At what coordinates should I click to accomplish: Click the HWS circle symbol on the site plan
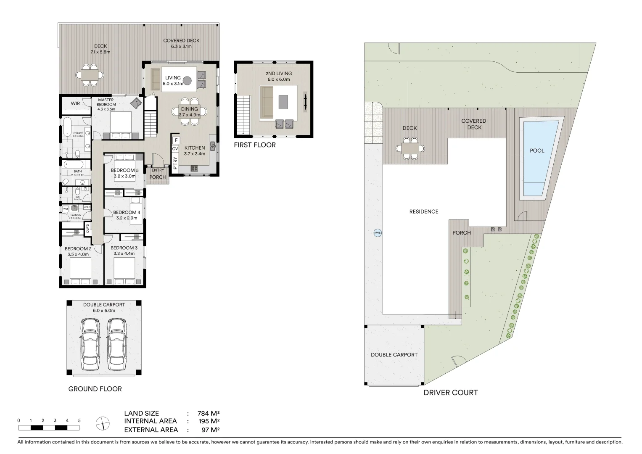[x=377, y=233]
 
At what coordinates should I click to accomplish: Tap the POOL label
[x=537, y=150]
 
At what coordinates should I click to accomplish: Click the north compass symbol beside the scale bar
[x=103, y=423]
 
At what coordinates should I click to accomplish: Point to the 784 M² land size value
[x=209, y=413]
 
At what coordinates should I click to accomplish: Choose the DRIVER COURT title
[x=450, y=393]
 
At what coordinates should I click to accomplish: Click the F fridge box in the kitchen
[x=177, y=140]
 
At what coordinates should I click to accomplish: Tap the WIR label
[x=75, y=103]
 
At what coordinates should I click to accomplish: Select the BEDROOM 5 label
[x=124, y=170]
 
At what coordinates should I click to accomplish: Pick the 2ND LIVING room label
[x=278, y=74]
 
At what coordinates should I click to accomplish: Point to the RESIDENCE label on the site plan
[x=424, y=211]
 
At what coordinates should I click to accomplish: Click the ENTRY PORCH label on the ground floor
[x=158, y=174]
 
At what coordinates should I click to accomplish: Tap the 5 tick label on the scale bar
[x=79, y=420]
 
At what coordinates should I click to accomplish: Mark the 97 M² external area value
[x=209, y=430]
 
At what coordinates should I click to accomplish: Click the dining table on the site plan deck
[x=410, y=148]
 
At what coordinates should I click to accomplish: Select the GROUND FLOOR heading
[x=95, y=389]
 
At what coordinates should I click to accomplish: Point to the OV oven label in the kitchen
[x=175, y=148]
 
